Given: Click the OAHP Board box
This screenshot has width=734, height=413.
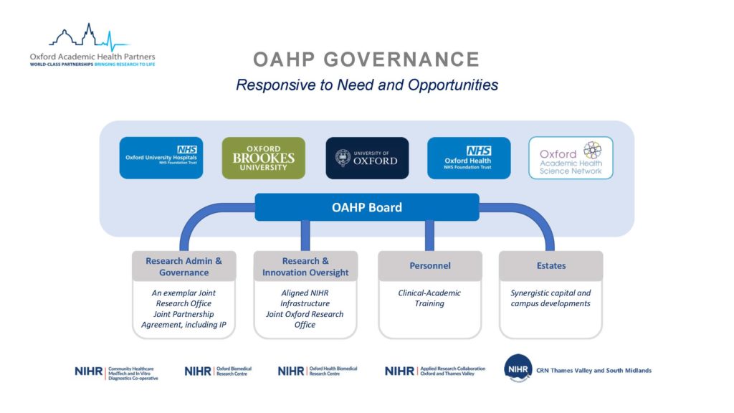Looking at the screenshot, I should [x=367, y=207].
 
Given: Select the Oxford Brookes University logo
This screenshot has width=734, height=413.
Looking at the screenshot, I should [x=263, y=158].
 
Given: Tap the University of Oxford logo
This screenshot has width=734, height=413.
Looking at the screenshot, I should [x=367, y=158].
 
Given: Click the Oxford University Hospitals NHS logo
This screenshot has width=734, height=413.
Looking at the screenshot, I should [x=161, y=158].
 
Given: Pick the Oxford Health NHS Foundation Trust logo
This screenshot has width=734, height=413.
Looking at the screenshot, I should [x=469, y=158].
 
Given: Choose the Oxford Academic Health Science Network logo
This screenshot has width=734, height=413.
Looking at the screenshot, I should [x=571, y=158].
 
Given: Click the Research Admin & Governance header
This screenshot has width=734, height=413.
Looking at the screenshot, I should [x=183, y=266].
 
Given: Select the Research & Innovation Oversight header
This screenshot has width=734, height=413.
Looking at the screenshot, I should [x=305, y=266].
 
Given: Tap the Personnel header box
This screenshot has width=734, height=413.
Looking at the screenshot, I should [x=430, y=266].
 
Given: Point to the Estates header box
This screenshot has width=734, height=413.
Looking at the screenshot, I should [x=550, y=266].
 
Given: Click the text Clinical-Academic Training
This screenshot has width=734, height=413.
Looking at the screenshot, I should [x=429, y=298].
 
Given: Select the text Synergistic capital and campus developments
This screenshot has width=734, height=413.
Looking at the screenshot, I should [x=550, y=298].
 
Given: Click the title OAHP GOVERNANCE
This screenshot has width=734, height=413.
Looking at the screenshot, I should [x=366, y=59].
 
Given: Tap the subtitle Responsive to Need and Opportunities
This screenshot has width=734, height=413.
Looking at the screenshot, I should [x=366, y=85].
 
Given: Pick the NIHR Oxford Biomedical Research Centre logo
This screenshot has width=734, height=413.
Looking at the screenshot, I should [x=218, y=371].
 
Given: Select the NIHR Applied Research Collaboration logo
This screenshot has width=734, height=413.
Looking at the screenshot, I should [x=434, y=370].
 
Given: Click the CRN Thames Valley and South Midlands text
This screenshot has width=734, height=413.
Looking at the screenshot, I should [x=594, y=371].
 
